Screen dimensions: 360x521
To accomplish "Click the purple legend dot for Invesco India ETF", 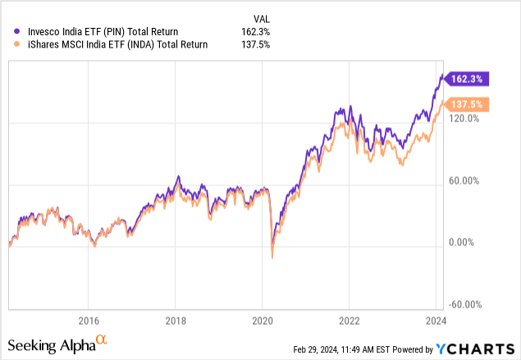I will [x=18, y=31].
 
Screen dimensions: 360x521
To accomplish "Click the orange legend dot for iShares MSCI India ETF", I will [x=18, y=44].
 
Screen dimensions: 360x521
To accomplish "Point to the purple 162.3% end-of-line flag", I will [x=469, y=80].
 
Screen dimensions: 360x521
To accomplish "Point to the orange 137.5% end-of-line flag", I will [x=469, y=105].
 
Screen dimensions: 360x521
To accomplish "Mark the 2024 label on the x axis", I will [x=436, y=320].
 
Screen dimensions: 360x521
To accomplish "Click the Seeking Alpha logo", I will [x=57, y=344].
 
